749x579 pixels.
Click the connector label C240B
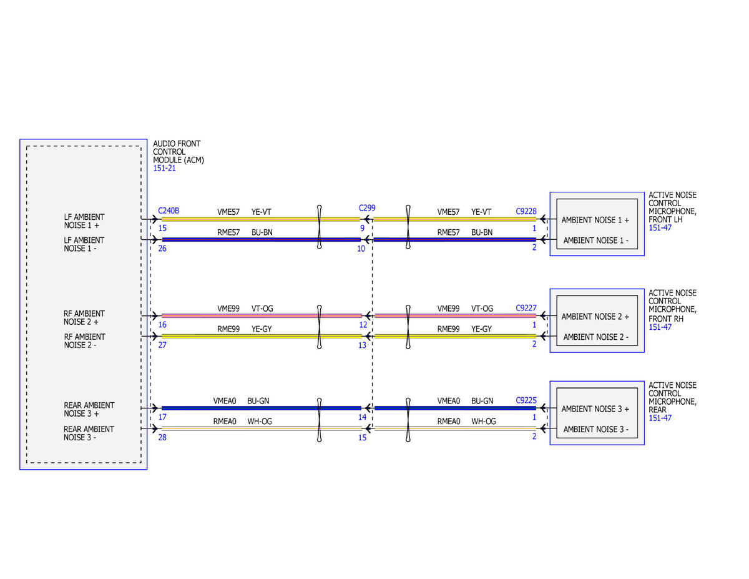(x=168, y=210)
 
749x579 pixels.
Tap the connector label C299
(x=367, y=207)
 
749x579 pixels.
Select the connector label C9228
(x=526, y=211)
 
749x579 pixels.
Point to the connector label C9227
(x=526, y=307)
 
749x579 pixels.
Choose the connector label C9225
(x=526, y=400)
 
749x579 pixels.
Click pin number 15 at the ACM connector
(x=162, y=228)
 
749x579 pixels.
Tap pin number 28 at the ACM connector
(x=162, y=437)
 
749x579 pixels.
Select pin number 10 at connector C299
(x=361, y=249)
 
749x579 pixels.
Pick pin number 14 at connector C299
(x=362, y=417)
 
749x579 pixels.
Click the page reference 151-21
(x=164, y=168)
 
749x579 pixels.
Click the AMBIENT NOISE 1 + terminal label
(x=595, y=220)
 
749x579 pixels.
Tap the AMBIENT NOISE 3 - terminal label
(x=596, y=429)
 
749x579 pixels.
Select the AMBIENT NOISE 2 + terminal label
(x=595, y=316)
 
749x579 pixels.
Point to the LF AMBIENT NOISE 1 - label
(x=84, y=244)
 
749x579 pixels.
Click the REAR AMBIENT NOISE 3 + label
(x=89, y=409)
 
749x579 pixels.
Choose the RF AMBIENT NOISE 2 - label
(x=84, y=340)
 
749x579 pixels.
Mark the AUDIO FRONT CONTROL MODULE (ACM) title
(x=179, y=152)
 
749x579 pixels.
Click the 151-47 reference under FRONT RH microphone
(x=660, y=327)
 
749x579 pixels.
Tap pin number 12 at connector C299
(x=363, y=325)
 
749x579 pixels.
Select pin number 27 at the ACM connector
(x=162, y=345)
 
